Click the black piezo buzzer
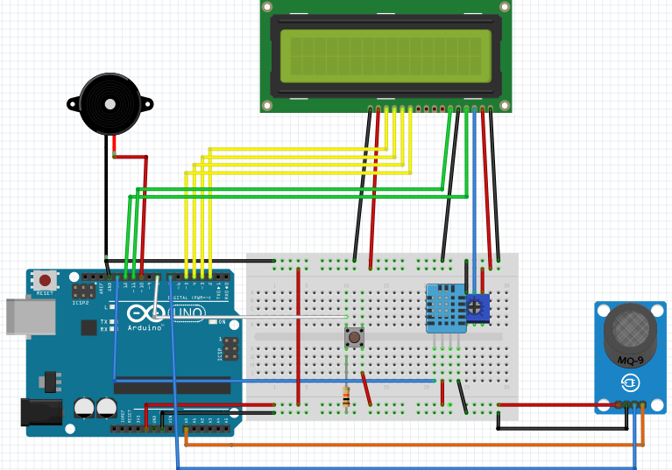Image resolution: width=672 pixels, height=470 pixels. (x=110, y=103)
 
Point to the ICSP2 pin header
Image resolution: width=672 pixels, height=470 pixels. (x=84, y=291)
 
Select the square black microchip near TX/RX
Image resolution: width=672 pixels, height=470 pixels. (x=88, y=327)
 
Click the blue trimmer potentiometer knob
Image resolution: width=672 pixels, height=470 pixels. (x=476, y=306)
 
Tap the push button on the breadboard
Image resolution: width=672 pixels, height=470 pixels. (x=354, y=336)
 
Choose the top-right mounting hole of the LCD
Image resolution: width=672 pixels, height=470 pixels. (x=504, y=6)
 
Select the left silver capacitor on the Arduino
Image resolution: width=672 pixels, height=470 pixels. (x=84, y=407)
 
